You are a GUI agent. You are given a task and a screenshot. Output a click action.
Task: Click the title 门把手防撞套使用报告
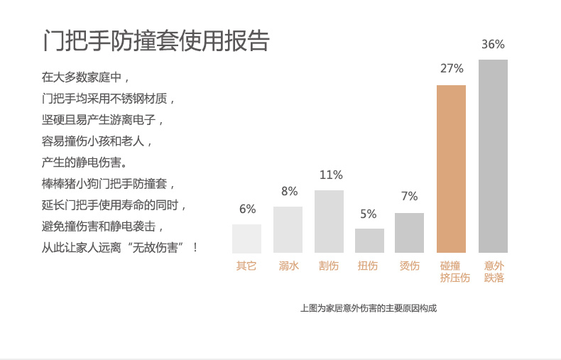tap(156, 40)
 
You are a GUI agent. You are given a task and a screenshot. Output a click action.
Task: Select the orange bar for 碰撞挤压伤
tap(451, 169)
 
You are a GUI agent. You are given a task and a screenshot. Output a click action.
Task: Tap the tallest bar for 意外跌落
tap(493, 156)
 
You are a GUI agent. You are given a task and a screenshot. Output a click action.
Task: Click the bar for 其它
tap(246, 239)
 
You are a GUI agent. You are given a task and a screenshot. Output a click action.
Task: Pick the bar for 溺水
tap(288, 229)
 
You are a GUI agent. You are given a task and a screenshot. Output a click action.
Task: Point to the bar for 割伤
tap(329, 222)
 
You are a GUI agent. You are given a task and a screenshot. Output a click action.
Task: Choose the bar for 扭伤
tap(369, 241)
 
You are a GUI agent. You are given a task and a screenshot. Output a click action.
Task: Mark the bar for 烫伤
tap(409, 233)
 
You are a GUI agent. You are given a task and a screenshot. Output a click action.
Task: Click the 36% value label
tap(493, 44)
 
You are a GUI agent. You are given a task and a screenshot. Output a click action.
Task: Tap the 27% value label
tap(452, 69)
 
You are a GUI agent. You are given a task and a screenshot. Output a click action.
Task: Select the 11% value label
tap(331, 175)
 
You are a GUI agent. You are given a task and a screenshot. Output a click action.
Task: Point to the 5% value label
tap(369, 214)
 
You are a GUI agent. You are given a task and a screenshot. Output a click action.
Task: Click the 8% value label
tap(289, 191)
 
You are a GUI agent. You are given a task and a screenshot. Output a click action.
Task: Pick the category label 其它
tap(246, 266)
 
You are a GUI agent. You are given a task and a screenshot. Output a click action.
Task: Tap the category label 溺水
tap(288, 266)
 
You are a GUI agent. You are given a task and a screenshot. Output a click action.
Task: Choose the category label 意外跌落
tap(494, 272)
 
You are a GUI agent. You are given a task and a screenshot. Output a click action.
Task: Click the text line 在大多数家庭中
tap(86, 77)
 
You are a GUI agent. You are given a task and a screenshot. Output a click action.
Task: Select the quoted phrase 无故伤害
tap(160, 248)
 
